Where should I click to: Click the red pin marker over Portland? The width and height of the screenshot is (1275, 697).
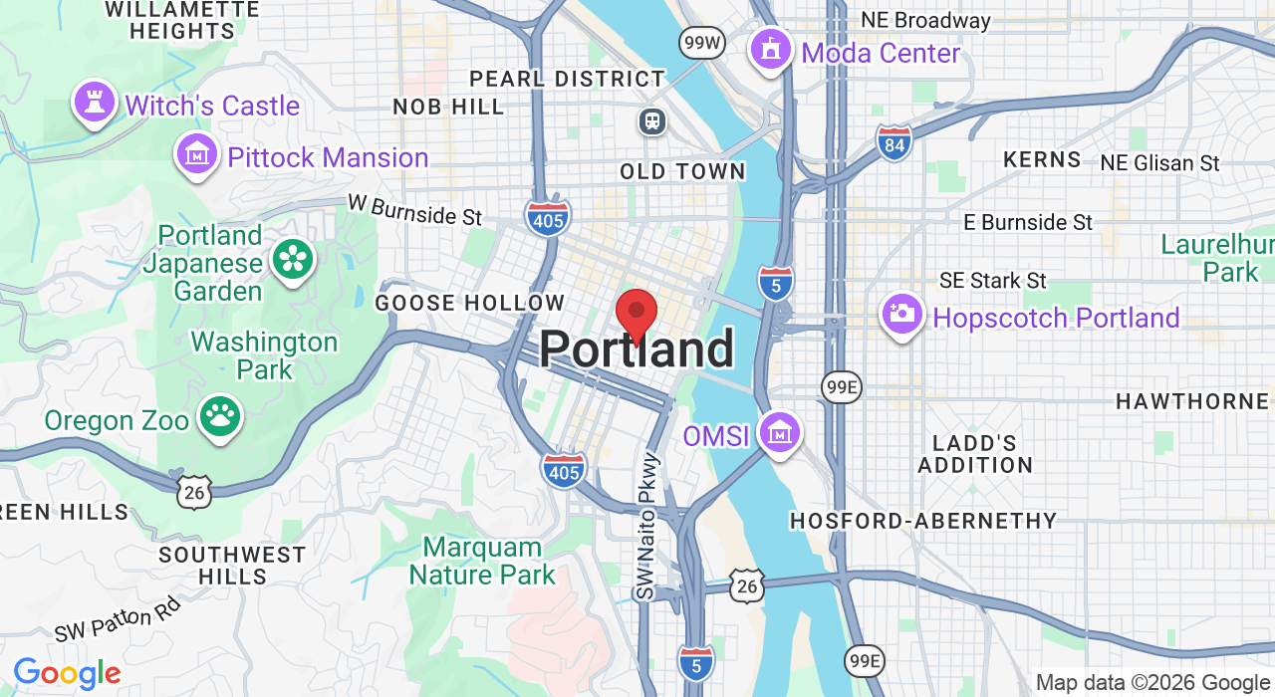pyautogui.click(x=637, y=314)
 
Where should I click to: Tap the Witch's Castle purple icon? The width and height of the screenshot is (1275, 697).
pyautogui.click(x=95, y=103)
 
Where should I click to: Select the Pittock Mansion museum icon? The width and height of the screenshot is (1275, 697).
pyautogui.click(x=197, y=154)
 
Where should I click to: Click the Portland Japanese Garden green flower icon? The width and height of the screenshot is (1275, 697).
pyautogui.click(x=292, y=260)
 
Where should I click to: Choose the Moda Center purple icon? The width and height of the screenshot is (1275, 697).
pyautogui.click(x=770, y=49)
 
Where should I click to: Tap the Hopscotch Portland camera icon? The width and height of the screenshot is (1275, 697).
pyautogui.click(x=901, y=315)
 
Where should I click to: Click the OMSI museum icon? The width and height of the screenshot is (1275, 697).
pyautogui.click(x=779, y=433)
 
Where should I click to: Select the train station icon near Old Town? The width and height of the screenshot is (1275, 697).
pyautogui.click(x=652, y=121)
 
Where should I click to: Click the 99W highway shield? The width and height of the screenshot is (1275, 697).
pyautogui.click(x=702, y=43)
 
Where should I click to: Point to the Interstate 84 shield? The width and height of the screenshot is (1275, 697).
pyautogui.click(x=894, y=142)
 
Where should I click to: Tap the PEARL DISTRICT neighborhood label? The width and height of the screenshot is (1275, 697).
pyautogui.click(x=567, y=79)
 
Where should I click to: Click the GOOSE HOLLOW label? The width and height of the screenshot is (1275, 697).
pyautogui.click(x=469, y=303)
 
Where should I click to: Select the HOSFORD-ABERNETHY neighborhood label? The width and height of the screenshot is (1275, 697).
pyautogui.click(x=923, y=521)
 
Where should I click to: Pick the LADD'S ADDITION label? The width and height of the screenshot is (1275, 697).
pyautogui.click(x=975, y=454)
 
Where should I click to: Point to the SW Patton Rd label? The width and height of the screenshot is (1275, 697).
pyautogui.click(x=118, y=618)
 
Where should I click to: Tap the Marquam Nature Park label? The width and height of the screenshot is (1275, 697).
pyautogui.click(x=482, y=561)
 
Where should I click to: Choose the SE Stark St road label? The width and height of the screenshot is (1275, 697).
pyautogui.click(x=993, y=281)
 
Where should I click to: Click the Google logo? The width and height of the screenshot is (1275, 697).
pyautogui.click(x=67, y=674)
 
